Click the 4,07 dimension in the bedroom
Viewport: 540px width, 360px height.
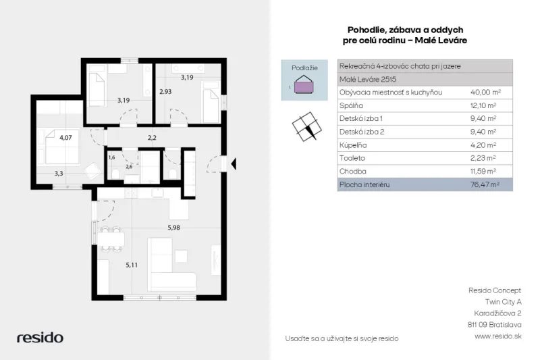pos(65,138)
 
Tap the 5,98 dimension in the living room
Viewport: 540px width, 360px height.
pos(173,228)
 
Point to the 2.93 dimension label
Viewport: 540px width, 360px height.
pos(165,92)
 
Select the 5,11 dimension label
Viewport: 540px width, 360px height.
pos(132,265)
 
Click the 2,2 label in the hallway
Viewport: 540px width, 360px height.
pos(152,138)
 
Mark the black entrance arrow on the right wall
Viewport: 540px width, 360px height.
pos(234,163)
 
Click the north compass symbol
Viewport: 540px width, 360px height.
pos(307,126)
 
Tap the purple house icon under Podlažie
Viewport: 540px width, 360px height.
pos(304,84)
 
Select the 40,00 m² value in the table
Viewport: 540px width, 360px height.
pos(485,93)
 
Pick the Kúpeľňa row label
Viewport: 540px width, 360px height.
pos(353,145)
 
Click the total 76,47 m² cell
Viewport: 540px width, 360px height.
pos(485,184)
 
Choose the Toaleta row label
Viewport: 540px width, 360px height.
pos(352,158)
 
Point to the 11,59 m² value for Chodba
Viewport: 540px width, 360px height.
pos(483,171)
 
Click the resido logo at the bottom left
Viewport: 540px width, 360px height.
pos(40,338)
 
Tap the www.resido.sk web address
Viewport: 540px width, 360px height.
pos(498,336)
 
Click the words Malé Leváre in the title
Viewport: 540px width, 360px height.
pos(441,41)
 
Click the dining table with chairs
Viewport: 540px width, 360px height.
pos(111,238)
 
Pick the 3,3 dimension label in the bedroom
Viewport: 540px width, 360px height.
pos(59,174)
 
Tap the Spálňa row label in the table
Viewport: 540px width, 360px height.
pos(351,105)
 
